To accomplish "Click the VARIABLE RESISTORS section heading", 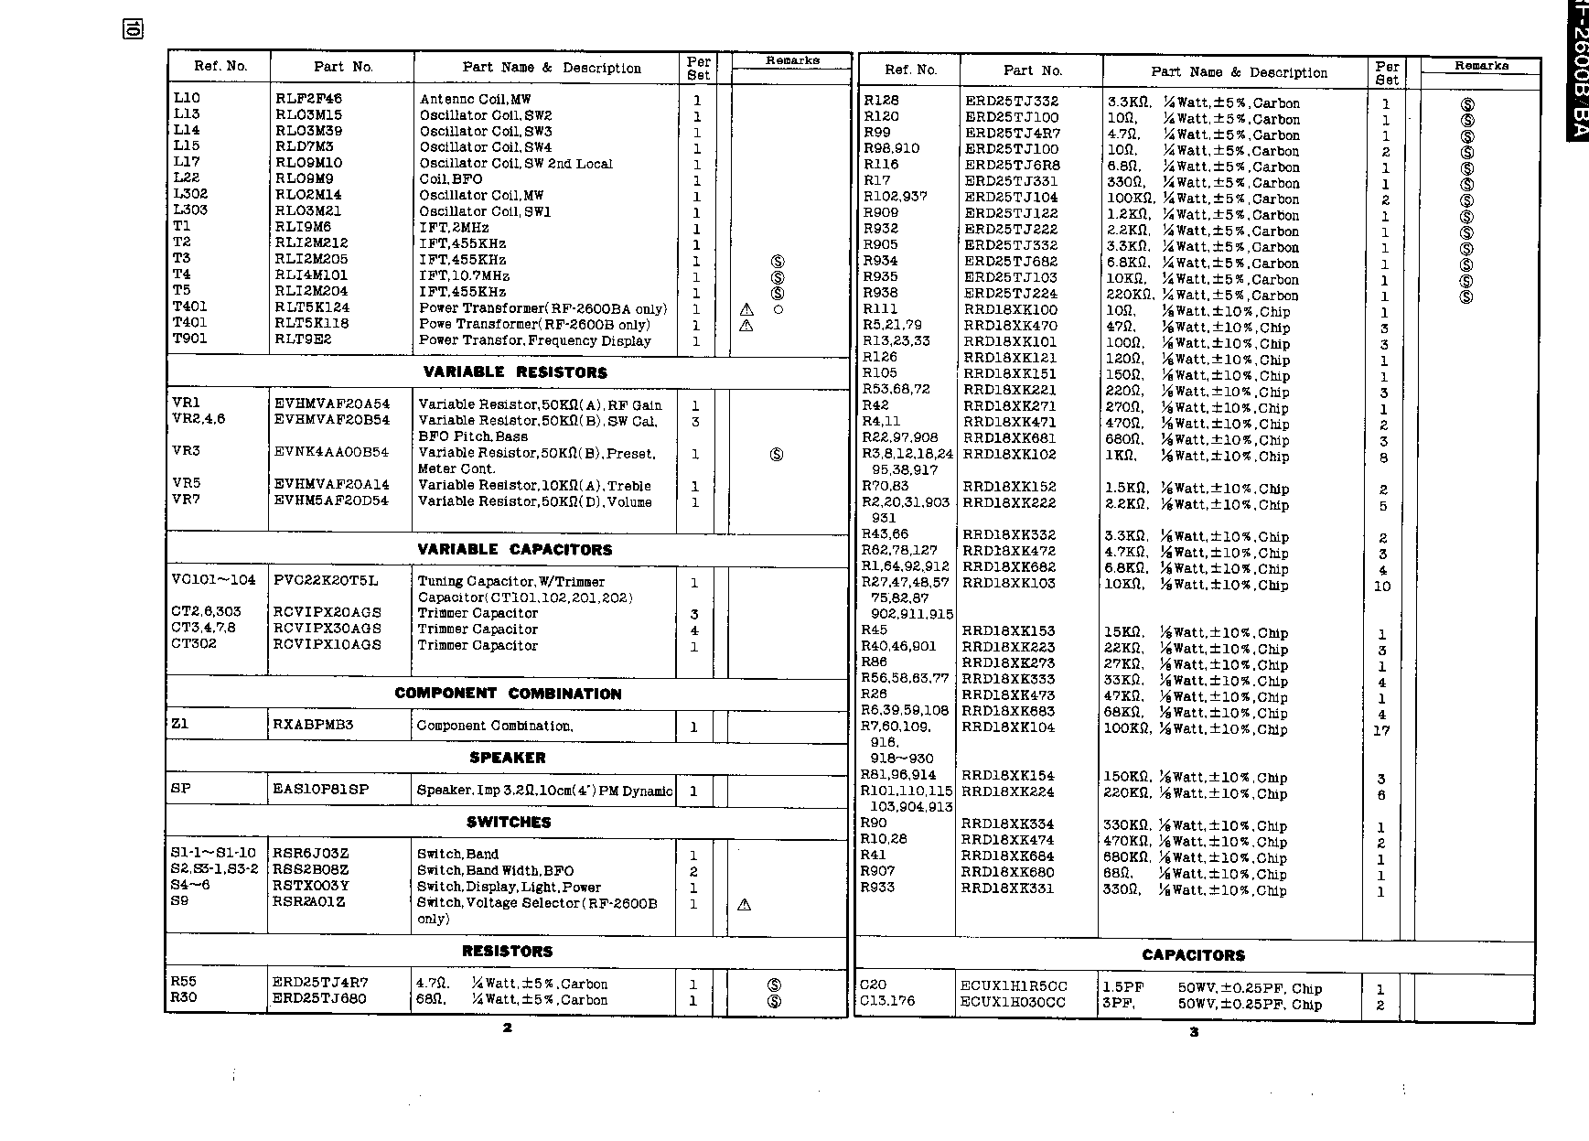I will pyautogui.click(x=514, y=372).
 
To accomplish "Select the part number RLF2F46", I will pyautogui.click(x=308, y=99).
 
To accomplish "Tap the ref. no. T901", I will pyautogui.click(x=190, y=339).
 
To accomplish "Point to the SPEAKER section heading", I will pyautogui.click(x=507, y=758).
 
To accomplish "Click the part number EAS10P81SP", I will pyautogui.click(x=321, y=789).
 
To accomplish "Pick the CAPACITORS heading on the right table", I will pyautogui.click(x=1193, y=955).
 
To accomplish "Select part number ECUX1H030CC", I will pyautogui.click(x=1013, y=1003).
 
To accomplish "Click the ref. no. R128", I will pyautogui.click(x=881, y=101).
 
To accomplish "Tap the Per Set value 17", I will pyautogui.click(x=1381, y=730).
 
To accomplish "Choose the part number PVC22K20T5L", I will pyautogui.click(x=326, y=581).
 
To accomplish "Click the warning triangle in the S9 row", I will pyautogui.click(x=744, y=905).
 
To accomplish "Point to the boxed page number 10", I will pyautogui.click(x=132, y=29).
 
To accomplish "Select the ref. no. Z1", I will pyautogui.click(x=179, y=724).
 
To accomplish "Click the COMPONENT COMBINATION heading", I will pyautogui.click(x=508, y=694).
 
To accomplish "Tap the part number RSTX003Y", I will pyautogui.click(x=311, y=886).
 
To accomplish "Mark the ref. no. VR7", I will pyautogui.click(x=186, y=500).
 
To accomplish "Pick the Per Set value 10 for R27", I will pyautogui.click(x=1381, y=586).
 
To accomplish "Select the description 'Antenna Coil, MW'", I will pyautogui.click(x=475, y=99).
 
